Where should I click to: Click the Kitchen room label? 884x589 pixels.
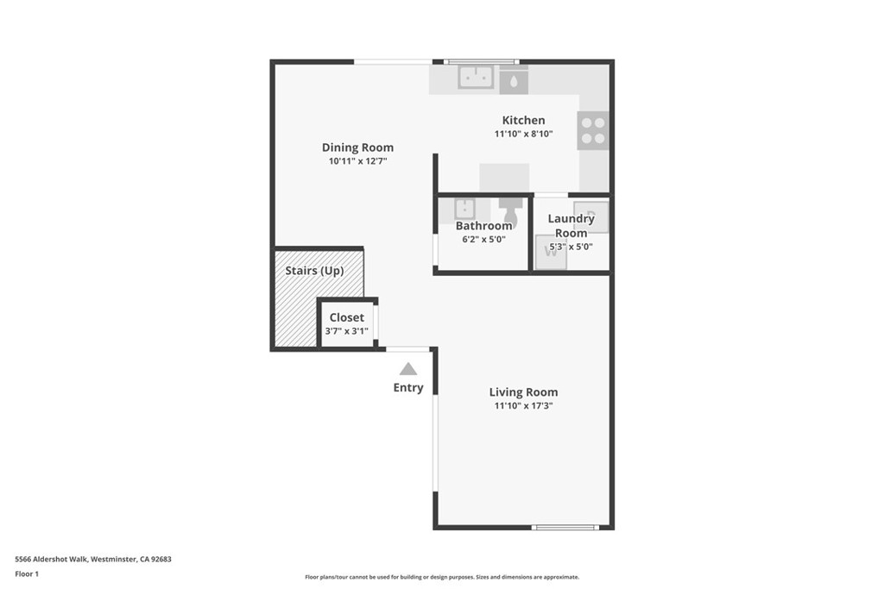523,121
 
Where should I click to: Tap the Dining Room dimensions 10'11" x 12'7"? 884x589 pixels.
357,161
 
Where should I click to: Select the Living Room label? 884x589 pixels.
523,392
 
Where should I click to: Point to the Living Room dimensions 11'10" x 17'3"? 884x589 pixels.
523,405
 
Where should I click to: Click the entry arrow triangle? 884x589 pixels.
408,369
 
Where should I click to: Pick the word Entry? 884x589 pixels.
408,388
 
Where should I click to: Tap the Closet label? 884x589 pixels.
346,317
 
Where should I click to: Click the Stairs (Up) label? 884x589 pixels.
314,271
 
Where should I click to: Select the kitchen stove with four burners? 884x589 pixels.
593,130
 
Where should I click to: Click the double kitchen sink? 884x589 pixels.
475,77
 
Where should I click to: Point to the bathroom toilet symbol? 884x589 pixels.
509,207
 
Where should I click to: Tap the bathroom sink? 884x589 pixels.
465,208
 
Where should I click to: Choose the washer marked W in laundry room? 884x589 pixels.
551,254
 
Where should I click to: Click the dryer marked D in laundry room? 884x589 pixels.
592,215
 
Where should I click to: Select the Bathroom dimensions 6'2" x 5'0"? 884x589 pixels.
483,240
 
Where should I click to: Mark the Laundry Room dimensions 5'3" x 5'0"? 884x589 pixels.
571,247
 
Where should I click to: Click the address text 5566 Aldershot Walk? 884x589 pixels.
93,559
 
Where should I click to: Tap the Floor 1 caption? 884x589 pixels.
27,573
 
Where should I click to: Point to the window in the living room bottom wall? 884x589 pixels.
565,527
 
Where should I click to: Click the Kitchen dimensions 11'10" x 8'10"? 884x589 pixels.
523,135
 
